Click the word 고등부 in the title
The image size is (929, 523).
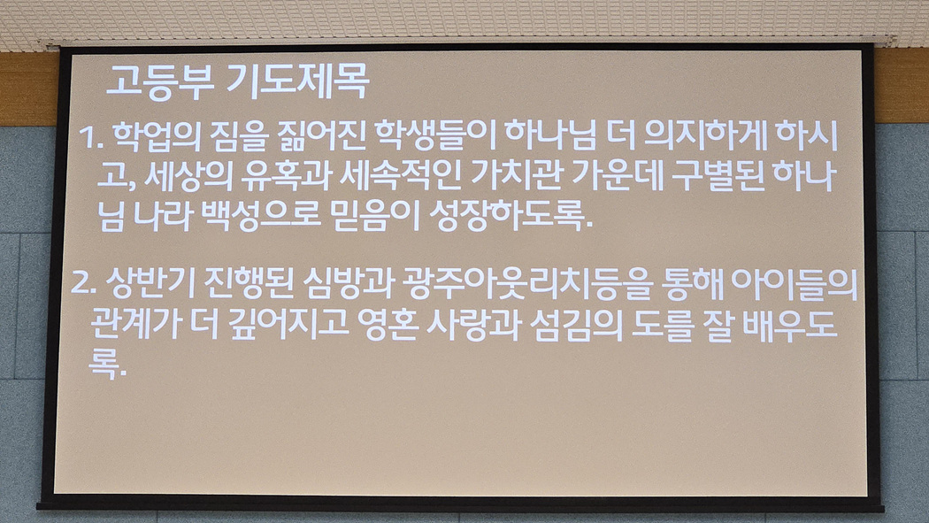pos(160,81)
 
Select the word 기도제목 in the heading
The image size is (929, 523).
pos(298,81)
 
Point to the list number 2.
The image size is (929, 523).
pos(83,283)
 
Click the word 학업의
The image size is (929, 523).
pos(156,136)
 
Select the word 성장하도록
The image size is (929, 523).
pos(510,216)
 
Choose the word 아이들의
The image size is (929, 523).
pos(795,283)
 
